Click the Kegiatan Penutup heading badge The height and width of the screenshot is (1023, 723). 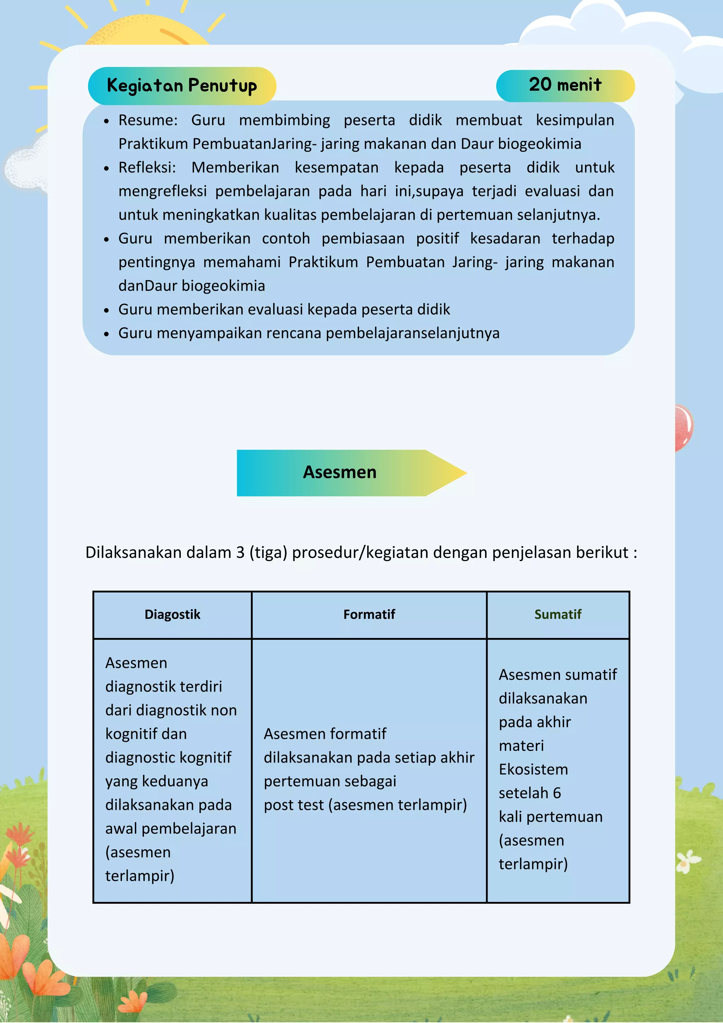(x=182, y=85)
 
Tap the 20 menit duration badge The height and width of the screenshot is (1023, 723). (x=565, y=85)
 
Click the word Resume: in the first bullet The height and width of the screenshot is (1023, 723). (x=148, y=120)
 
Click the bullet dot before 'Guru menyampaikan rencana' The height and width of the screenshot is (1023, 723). (x=106, y=334)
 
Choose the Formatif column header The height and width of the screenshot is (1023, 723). (x=369, y=614)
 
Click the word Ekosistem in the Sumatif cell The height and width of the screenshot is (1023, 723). (x=533, y=770)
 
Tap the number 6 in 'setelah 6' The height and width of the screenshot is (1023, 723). (x=556, y=793)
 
